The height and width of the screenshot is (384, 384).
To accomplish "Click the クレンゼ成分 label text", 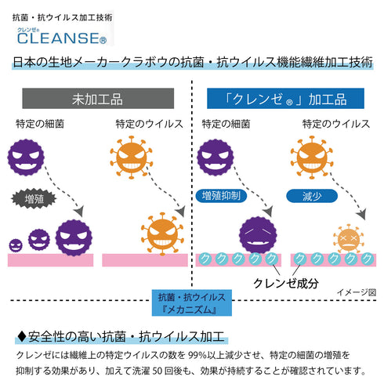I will click(x=285, y=283).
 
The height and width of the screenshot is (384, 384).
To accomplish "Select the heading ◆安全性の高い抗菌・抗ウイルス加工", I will click(x=121, y=338).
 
